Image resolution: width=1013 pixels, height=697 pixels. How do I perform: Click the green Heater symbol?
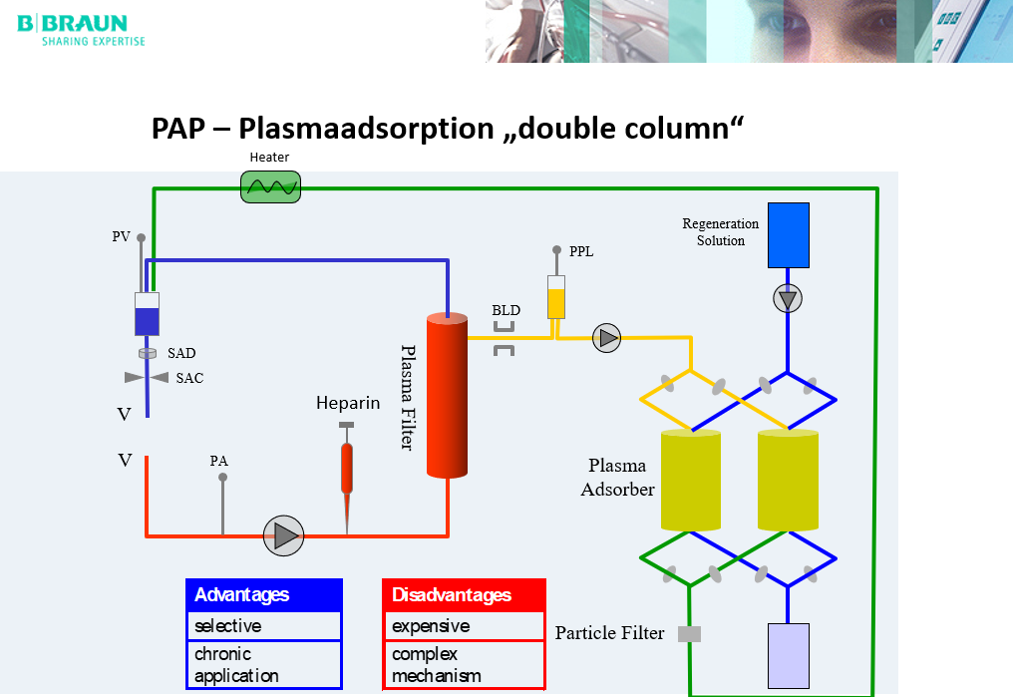[x=270, y=186]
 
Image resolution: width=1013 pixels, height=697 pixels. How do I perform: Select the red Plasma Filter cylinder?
[x=447, y=396]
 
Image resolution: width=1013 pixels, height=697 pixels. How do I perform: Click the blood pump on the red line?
[x=283, y=536]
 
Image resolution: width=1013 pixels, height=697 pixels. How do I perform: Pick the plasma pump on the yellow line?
[x=606, y=338]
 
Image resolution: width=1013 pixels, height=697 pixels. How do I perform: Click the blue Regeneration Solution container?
[x=788, y=235]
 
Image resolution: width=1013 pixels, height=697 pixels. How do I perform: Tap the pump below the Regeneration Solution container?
[x=788, y=298]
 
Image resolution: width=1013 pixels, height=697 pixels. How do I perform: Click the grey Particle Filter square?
[x=689, y=633]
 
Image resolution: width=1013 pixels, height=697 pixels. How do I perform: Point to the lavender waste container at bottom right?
[x=788, y=655]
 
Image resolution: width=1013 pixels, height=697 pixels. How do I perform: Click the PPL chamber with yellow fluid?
[x=556, y=297]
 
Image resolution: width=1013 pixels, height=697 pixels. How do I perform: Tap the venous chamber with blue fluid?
[x=147, y=314]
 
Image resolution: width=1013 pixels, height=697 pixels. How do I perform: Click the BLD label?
[x=506, y=310]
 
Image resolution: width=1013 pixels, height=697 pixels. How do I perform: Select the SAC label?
[x=189, y=379]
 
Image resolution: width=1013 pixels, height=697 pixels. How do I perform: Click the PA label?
[x=219, y=461]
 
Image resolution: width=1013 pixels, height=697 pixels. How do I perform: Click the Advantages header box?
[x=264, y=595]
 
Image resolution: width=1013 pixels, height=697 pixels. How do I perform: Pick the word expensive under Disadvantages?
[x=431, y=626]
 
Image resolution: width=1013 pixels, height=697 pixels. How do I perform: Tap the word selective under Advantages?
[x=228, y=626]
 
